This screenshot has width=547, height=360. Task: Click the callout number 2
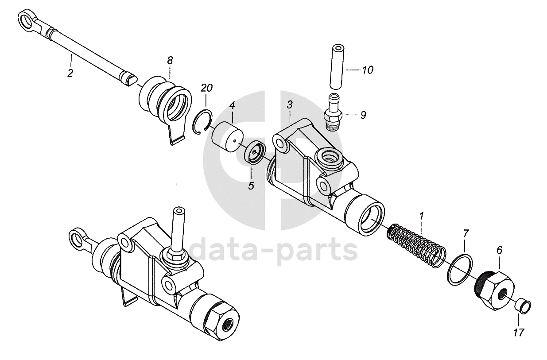pyautogui.click(x=70, y=73)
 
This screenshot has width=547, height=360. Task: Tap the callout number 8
pyautogui.click(x=170, y=60)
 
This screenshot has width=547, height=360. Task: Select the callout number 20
pyautogui.click(x=206, y=88)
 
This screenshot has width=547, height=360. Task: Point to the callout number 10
pyautogui.click(x=368, y=70)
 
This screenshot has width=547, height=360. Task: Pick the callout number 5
pyautogui.click(x=251, y=186)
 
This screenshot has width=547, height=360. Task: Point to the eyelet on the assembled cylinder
pyautogui.click(x=78, y=237)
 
